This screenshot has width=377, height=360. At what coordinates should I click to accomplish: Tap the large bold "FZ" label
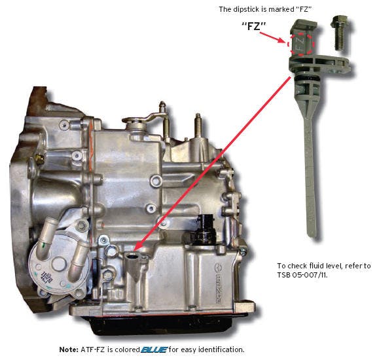254,26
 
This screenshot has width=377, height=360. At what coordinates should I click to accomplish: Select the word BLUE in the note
154,350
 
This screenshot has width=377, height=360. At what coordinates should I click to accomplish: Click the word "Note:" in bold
69,350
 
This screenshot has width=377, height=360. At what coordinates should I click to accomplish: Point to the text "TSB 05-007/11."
302,275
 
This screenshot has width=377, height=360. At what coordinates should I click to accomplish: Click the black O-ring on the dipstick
304,78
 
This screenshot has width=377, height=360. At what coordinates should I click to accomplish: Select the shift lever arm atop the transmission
144,118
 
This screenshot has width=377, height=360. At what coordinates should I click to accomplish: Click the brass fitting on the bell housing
39,158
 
